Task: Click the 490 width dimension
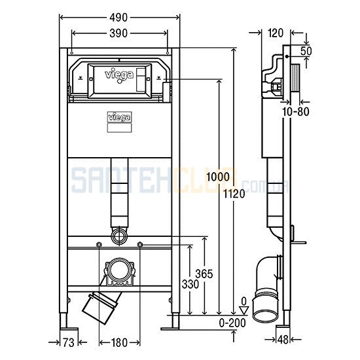118,18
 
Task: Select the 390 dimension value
118,33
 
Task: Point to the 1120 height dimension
234,194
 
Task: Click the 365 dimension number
204,274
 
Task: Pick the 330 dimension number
190,284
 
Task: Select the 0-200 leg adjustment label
232,323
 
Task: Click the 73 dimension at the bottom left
69,343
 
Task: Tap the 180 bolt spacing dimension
119,343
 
